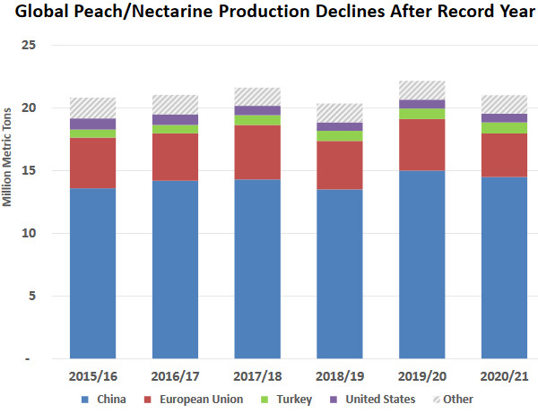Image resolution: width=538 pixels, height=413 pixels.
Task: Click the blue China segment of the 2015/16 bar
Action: pyautogui.click(x=92, y=273)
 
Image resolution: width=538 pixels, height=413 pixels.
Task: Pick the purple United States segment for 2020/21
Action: pyautogui.click(x=504, y=118)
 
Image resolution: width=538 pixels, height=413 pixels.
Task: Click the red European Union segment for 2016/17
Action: pyautogui.click(x=175, y=157)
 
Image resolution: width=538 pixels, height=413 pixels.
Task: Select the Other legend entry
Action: pyautogui.click(x=456, y=399)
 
